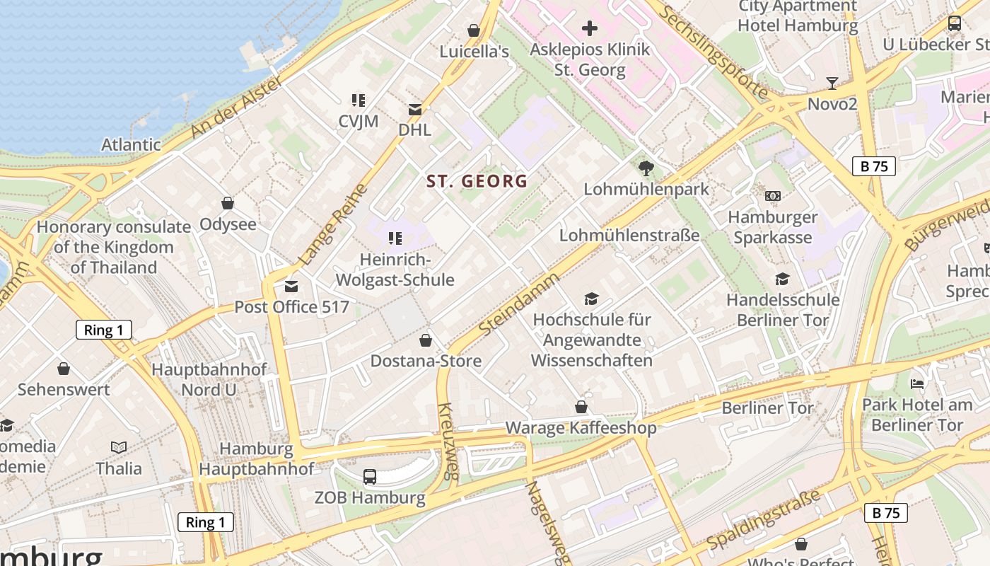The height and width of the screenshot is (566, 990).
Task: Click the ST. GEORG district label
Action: [x=477, y=181]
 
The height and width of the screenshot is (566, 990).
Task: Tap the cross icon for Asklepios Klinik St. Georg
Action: [x=590, y=28]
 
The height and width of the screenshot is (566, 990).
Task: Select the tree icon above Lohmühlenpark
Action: [x=646, y=168]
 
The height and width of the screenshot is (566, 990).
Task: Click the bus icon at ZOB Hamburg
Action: [x=370, y=476]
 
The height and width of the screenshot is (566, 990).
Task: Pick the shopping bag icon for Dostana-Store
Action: [x=426, y=340]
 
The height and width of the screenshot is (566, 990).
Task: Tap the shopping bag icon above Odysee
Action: [x=228, y=203]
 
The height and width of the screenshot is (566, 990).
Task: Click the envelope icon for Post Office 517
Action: [x=291, y=287]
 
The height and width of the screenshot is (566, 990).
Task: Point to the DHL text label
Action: [x=414, y=130]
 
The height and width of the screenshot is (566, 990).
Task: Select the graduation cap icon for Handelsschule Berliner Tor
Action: [x=782, y=279]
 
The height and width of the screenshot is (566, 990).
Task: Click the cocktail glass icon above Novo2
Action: [x=832, y=83]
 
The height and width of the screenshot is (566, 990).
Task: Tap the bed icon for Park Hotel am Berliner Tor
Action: [x=917, y=384]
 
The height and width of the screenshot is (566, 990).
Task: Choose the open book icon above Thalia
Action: [x=119, y=447]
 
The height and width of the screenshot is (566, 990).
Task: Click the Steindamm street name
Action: [x=518, y=305]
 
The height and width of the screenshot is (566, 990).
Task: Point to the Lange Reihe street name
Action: [x=333, y=225]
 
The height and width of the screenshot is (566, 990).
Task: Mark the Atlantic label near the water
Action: [x=131, y=144]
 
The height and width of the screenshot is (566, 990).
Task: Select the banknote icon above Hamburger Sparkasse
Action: [x=773, y=195]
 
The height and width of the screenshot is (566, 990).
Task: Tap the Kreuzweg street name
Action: [x=448, y=441]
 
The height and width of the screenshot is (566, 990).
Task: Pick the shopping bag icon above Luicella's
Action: [x=474, y=30]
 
